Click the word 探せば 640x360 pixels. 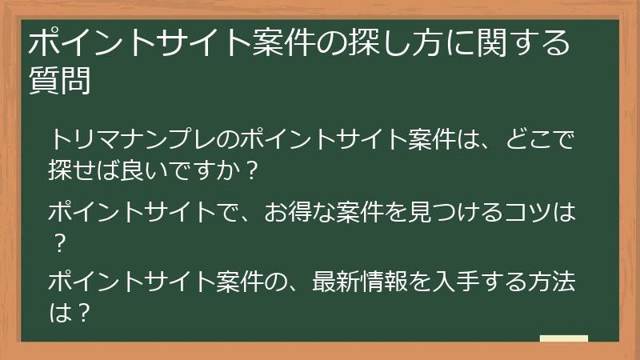pyautogui.click(x=86, y=171)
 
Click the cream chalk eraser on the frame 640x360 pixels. pyautogui.click(x=563, y=339)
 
